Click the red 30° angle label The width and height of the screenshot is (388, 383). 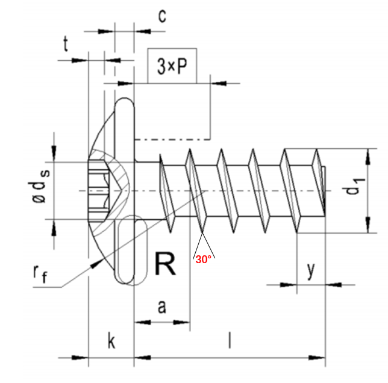[204, 260]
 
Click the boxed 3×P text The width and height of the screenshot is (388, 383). [172, 66]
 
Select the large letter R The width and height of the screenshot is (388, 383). [165, 264]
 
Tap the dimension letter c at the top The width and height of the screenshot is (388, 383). [162, 17]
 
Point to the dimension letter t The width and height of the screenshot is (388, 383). [66, 44]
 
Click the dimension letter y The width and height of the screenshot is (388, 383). [311, 271]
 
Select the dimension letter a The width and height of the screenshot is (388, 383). [162, 307]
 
